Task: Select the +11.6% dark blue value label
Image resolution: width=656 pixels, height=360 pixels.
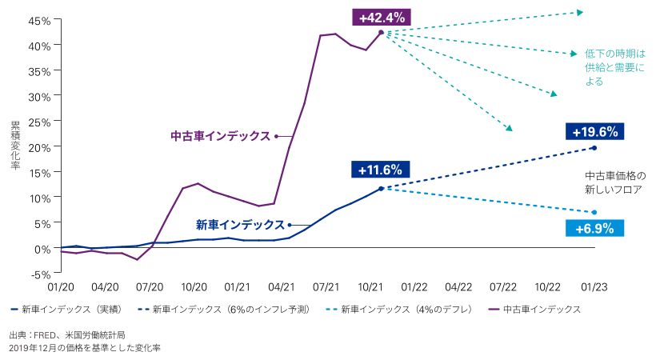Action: pos(380,170)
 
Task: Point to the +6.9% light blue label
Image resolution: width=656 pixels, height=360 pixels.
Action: pos(594,228)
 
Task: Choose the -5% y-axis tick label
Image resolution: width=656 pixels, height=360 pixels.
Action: pos(39,274)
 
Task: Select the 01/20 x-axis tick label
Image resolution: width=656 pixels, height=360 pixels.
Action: pos(61,286)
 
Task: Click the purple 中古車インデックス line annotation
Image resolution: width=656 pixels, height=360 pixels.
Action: pos(221,136)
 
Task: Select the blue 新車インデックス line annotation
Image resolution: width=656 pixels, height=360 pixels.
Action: pos(239,225)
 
